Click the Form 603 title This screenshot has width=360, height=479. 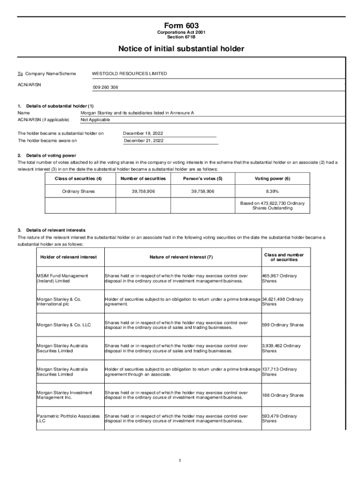(x=181, y=25)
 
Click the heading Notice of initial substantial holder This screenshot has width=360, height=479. (x=181, y=49)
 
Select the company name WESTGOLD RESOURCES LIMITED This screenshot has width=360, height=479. (x=130, y=73)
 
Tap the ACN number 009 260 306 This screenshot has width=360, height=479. (x=105, y=87)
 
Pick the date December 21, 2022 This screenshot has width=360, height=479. (x=144, y=140)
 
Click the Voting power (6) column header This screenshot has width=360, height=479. (x=272, y=179)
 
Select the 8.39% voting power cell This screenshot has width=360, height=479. (x=272, y=191)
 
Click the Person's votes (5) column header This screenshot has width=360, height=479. (x=203, y=179)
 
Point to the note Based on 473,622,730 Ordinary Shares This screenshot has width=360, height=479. (x=272, y=205)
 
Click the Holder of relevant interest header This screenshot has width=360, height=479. (x=69, y=257)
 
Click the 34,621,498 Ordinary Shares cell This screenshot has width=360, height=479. (x=282, y=302)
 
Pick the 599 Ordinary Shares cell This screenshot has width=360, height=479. (x=283, y=325)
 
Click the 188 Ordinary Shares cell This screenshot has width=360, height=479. (x=283, y=395)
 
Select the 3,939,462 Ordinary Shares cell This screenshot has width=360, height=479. (x=281, y=348)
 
